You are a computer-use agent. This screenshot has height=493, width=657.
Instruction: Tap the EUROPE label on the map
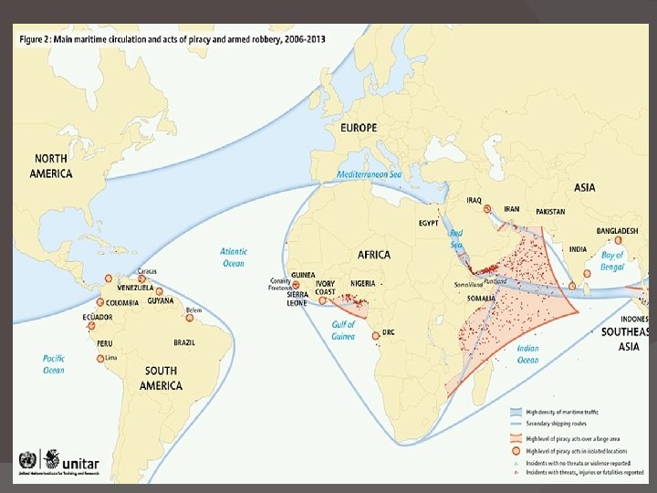[x=359, y=128]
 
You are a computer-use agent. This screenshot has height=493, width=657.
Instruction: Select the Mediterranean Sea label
[x=369, y=174]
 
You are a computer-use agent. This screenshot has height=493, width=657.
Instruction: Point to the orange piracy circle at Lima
[x=100, y=359]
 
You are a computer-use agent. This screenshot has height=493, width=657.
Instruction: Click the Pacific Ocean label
[x=54, y=364]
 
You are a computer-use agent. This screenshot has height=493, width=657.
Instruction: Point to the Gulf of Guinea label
[x=343, y=330]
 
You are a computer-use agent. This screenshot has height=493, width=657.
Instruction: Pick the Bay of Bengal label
[x=612, y=261]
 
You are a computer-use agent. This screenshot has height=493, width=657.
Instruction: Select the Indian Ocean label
[x=527, y=353]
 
